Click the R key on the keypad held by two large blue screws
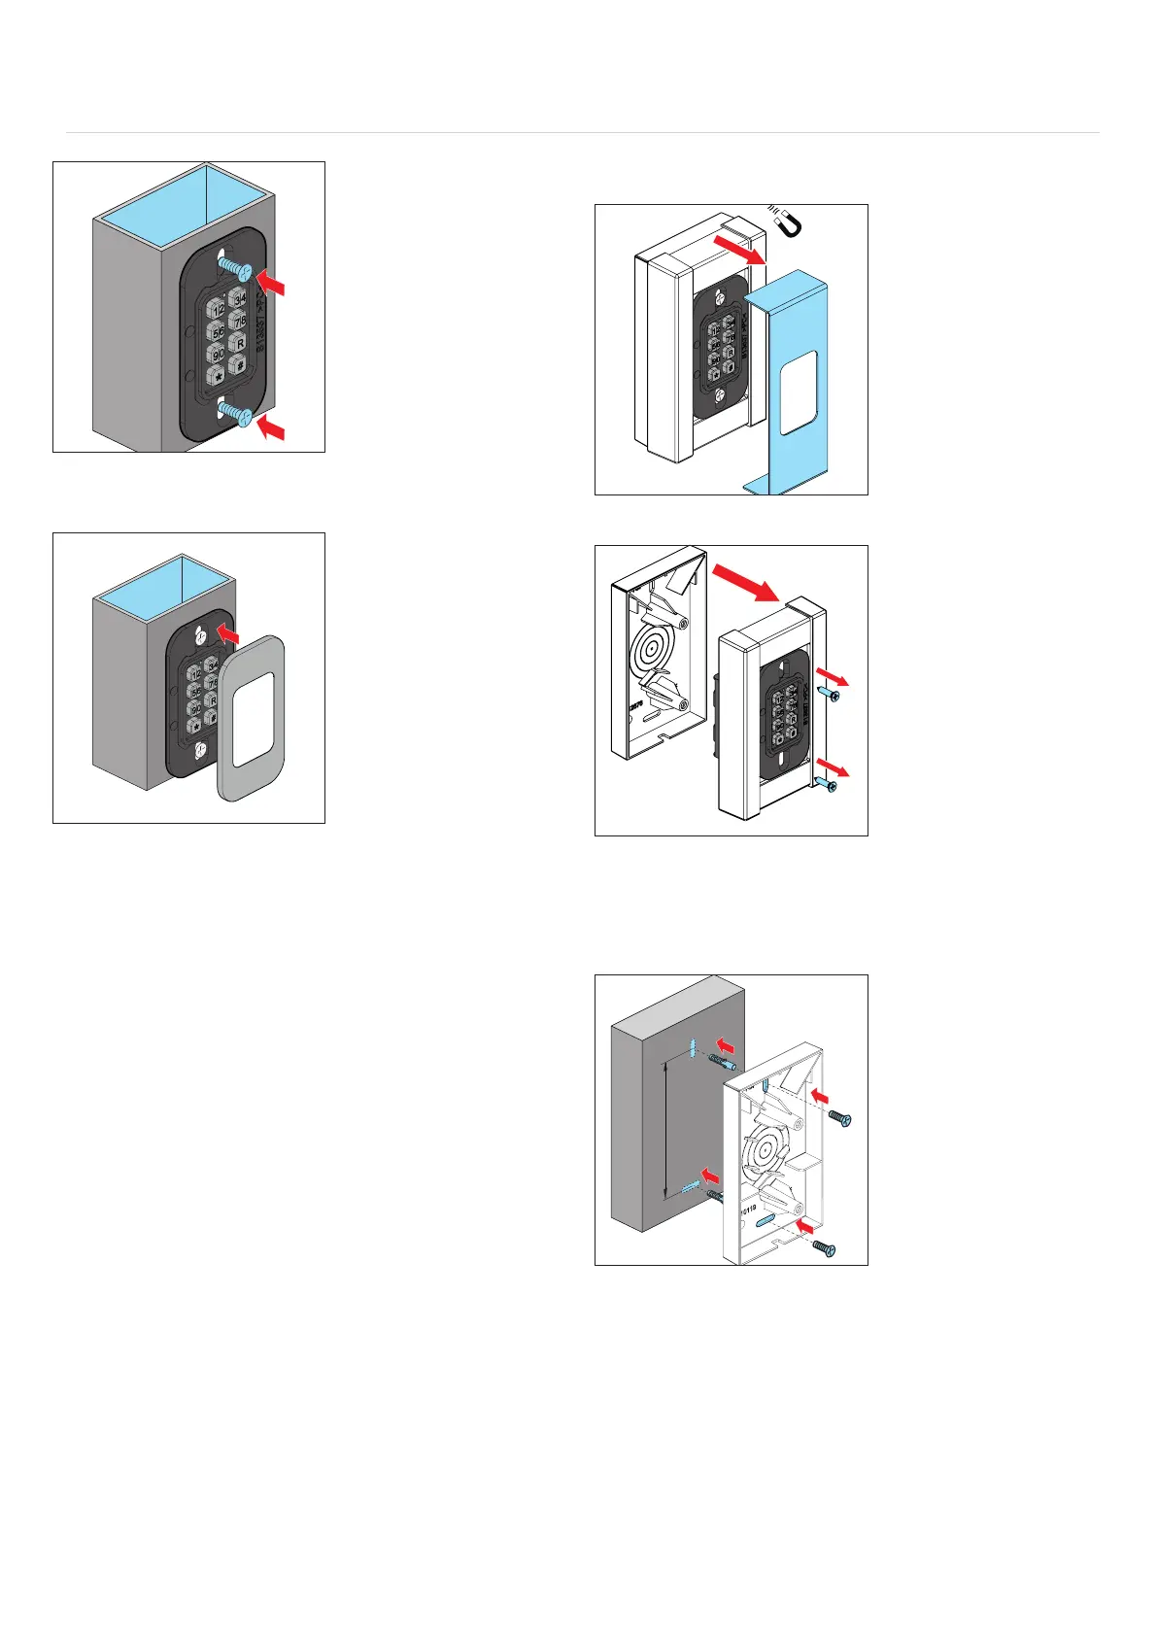(x=239, y=343)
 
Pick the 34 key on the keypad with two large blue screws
(x=238, y=296)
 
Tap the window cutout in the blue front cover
(x=799, y=392)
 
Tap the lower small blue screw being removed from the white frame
(x=827, y=783)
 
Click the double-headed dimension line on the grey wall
(x=664, y=1130)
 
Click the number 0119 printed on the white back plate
(x=744, y=1211)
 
